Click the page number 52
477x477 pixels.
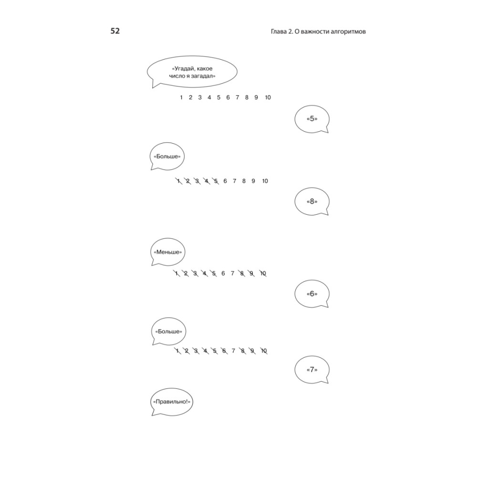(115, 31)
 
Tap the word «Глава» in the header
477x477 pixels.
(278, 31)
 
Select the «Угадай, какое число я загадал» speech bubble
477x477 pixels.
(192, 72)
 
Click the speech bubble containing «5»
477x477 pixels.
(312, 119)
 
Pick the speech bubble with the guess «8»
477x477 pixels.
(312, 201)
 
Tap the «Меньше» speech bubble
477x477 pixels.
(167, 252)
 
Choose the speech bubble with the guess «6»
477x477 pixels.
(312, 294)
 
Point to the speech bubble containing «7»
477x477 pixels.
(312, 370)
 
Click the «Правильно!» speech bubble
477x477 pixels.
(172, 402)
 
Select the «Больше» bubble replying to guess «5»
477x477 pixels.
(167, 156)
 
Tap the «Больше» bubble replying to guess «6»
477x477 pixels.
(168, 332)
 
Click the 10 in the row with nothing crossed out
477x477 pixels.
(268, 97)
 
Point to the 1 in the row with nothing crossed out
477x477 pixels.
(181, 97)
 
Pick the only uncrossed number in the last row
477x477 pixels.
(233, 351)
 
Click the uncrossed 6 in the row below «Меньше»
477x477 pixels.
(223, 273)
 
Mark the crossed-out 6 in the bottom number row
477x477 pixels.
(224, 351)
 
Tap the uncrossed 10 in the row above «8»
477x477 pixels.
(265, 181)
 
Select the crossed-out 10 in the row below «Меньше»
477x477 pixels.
(263, 273)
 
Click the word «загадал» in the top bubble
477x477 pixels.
(203, 76)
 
